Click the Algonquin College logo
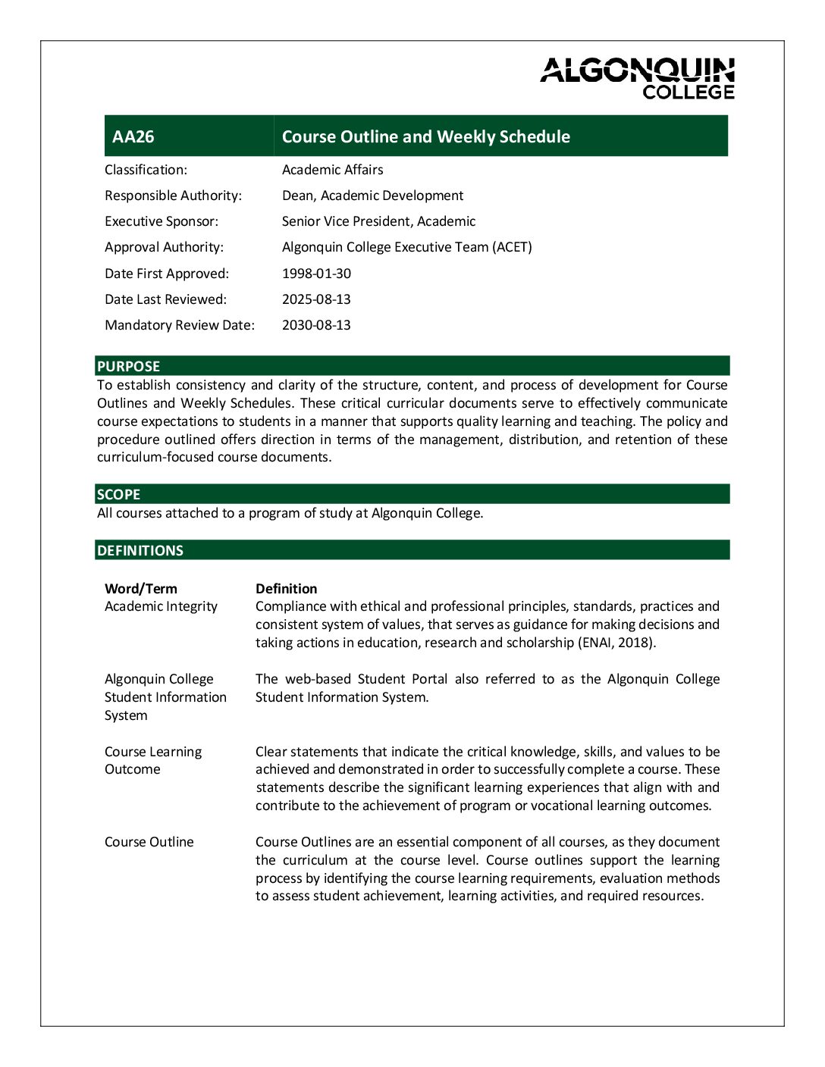[637, 78]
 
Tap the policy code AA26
[133, 136]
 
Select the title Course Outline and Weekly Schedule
[425, 136]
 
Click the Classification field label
[146, 170]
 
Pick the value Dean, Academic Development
[372, 196]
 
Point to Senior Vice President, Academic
[378, 221]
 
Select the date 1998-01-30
[316, 274]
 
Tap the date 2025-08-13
[316, 299]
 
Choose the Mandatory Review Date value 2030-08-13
[316, 325]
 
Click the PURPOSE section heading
[128, 366]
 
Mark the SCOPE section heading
[118, 494]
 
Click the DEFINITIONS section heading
[140, 550]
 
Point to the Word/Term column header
[141, 589]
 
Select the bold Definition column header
[287, 589]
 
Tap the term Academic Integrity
[161, 606]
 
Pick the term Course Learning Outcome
[152, 760]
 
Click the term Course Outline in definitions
[149, 842]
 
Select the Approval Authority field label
[164, 247]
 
